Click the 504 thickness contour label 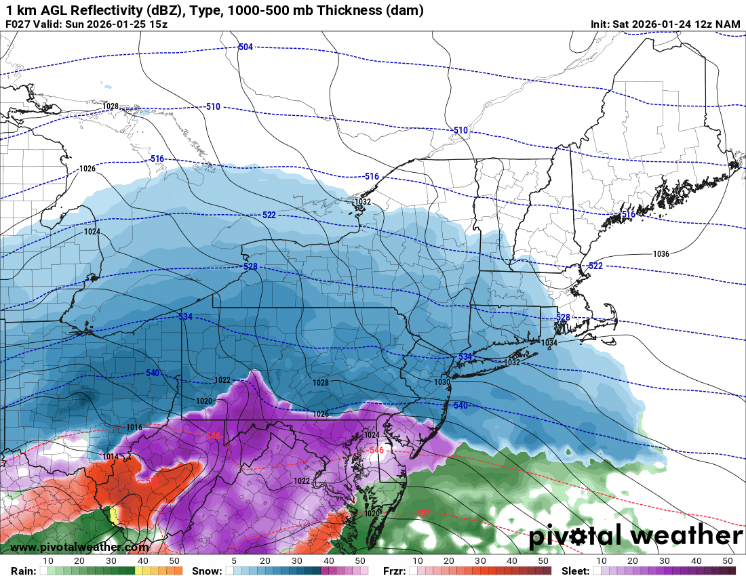(x=246, y=47)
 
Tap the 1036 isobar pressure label (x=661, y=254)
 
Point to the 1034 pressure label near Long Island (x=549, y=343)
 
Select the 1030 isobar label (x=442, y=382)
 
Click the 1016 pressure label (x=134, y=428)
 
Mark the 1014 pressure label (x=111, y=457)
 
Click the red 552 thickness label (x=423, y=513)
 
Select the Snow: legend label (x=207, y=571)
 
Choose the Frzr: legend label (x=391, y=571)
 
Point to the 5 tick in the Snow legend (x=233, y=561)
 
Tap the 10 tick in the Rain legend (x=48, y=561)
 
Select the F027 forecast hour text (x=18, y=24)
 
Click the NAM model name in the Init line (x=728, y=24)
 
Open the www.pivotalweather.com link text (x=79, y=547)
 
